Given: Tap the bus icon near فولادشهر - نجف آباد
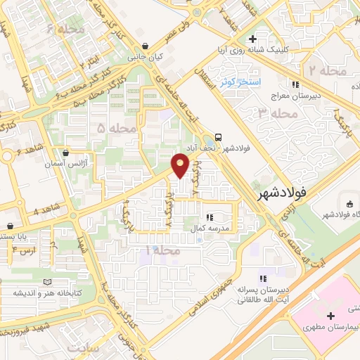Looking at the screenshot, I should click(219, 137).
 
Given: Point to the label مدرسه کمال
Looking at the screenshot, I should click(212, 229).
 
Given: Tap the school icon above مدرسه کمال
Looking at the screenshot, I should click(210, 217).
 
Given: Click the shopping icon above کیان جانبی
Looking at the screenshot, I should click(144, 46).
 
